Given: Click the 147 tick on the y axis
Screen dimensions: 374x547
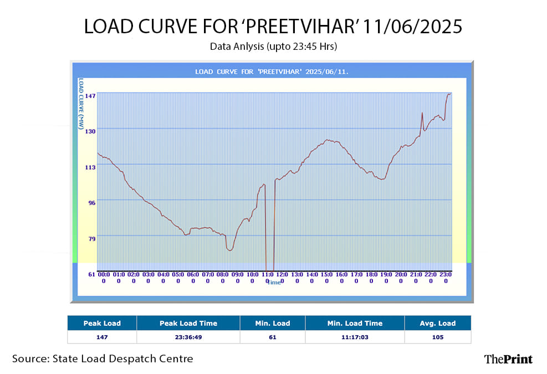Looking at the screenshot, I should [89, 95].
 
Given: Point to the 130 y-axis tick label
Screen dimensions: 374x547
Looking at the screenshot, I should [89, 131].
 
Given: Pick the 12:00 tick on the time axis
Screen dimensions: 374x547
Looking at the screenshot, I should [282, 277].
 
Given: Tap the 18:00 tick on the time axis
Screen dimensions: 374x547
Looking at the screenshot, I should [371, 277].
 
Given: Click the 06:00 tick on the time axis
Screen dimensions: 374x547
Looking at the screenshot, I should [193, 277].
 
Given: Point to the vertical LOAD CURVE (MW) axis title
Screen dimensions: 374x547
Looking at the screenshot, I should [81, 104].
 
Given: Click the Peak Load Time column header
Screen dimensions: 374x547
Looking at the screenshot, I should [188, 323].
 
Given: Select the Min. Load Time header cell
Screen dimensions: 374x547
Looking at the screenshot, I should [355, 323].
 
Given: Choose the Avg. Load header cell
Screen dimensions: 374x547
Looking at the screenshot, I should [437, 323].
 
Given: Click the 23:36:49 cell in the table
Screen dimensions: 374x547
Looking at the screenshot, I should [188, 337].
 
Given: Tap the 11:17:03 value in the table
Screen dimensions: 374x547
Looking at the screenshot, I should [355, 337].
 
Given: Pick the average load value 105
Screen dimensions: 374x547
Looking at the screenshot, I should [437, 337].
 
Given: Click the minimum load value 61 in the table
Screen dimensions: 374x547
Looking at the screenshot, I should [273, 337].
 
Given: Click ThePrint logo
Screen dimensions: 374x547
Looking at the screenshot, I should [508, 359].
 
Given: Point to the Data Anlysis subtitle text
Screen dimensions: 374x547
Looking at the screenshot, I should [273, 47].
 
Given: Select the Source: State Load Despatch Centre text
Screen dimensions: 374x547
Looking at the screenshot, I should [103, 358].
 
